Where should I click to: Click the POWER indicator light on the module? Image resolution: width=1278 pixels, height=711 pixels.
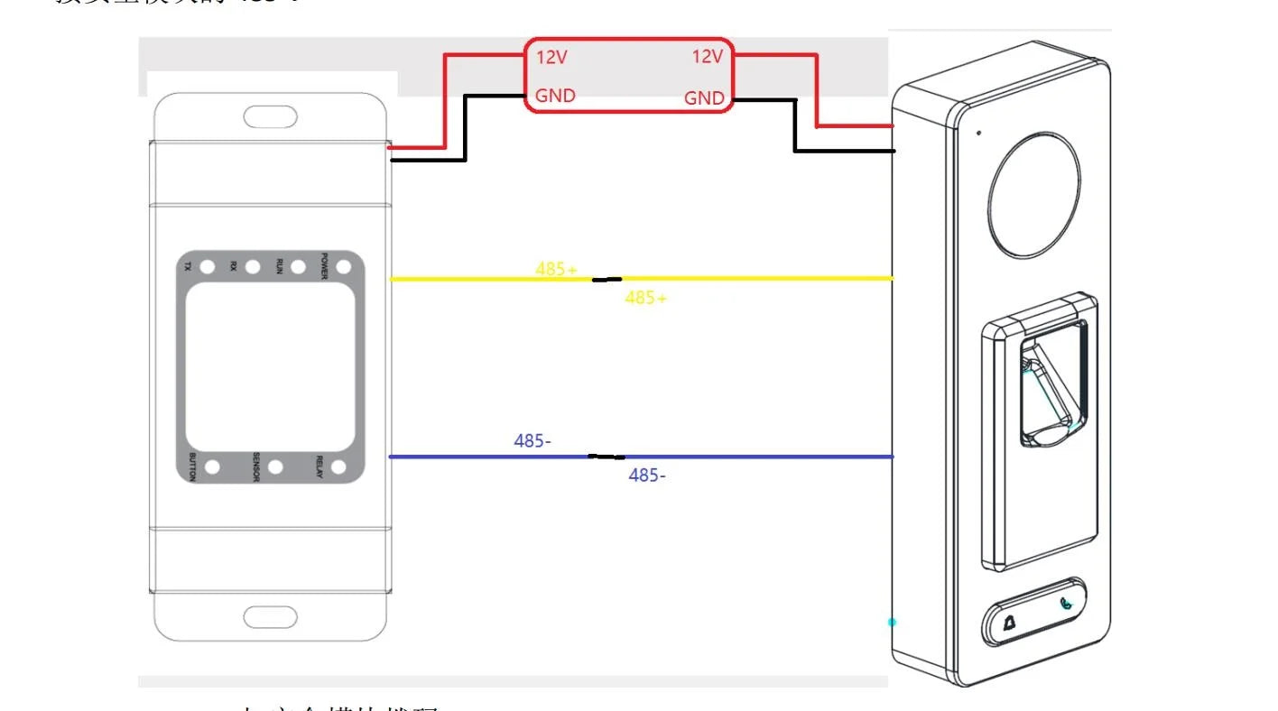tap(343, 267)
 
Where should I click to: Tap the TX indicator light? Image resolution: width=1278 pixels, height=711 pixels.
tap(207, 267)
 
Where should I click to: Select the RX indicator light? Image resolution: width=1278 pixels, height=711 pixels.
tap(253, 267)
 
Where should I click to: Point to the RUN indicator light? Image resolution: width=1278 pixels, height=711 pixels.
tap(298, 267)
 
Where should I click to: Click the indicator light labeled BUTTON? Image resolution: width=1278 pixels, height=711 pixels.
tap(213, 467)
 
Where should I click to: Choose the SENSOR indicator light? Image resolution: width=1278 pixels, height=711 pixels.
tap(276, 467)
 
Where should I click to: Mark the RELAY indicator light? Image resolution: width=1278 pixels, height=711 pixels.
tap(339, 467)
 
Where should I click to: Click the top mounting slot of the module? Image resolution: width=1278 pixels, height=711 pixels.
tap(270, 117)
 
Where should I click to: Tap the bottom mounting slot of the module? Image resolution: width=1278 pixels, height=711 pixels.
tap(270, 617)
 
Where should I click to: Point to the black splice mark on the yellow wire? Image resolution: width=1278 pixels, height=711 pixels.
tap(607, 280)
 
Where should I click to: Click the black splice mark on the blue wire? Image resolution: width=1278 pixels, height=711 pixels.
tap(606, 457)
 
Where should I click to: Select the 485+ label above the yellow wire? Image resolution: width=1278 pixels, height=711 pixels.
tap(556, 269)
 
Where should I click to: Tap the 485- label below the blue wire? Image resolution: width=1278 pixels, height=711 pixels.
tap(647, 476)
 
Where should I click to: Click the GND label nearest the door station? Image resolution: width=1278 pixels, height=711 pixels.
tap(704, 98)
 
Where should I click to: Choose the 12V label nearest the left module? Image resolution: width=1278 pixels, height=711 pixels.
tap(551, 57)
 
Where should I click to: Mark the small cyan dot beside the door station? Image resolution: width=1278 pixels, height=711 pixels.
tap(892, 622)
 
